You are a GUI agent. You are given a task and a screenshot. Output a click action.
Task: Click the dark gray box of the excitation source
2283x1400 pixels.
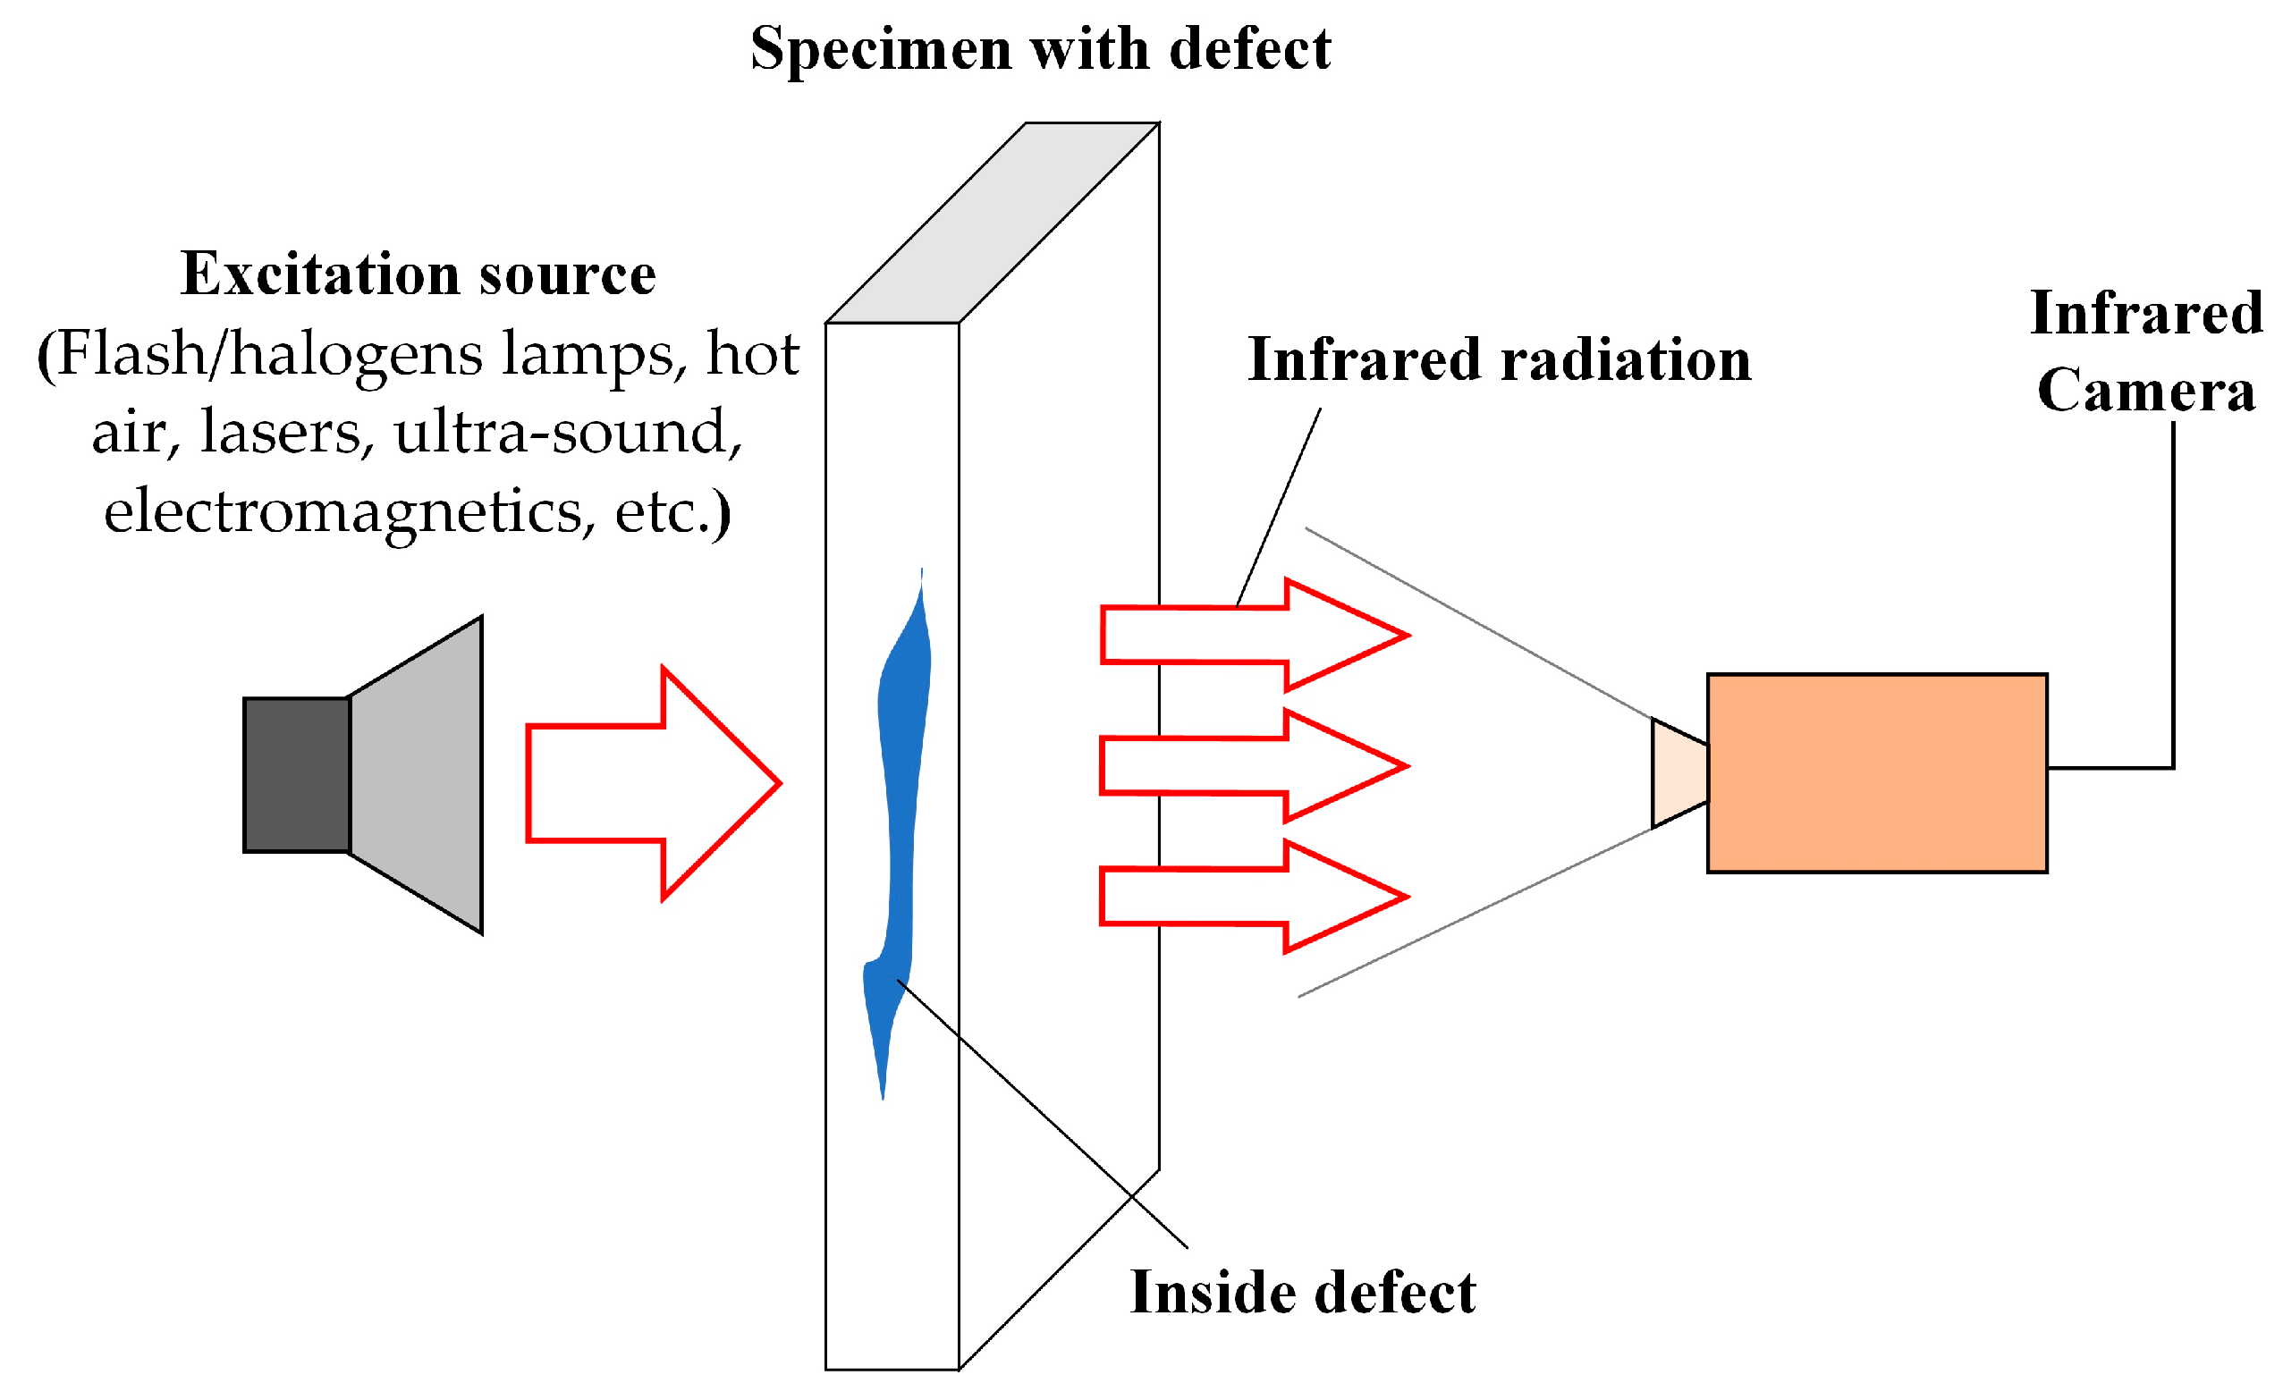297,774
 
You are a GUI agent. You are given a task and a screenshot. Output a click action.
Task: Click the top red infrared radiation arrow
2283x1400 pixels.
1251,635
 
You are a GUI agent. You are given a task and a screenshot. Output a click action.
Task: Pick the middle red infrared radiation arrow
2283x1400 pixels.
1251,765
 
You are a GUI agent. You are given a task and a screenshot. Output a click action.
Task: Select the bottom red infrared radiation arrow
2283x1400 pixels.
1251,896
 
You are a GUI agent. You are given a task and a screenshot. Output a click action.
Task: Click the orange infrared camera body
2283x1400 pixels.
1876,773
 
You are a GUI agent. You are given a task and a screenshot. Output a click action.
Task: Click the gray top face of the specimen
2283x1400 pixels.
992,223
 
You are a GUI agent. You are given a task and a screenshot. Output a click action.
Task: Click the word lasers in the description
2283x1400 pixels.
287,433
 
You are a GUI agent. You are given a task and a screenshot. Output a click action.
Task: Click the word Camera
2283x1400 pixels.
2146,390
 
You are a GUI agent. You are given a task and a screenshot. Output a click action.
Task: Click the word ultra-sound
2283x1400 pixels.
567,433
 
